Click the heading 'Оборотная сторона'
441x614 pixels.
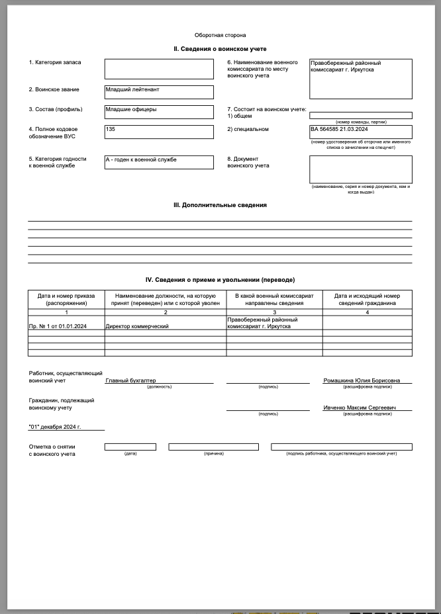220,35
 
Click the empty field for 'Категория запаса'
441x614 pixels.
159,69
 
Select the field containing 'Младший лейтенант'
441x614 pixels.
159,92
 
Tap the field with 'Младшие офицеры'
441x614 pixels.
159,112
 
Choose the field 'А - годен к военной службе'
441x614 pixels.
159,161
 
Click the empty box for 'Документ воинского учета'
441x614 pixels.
360,169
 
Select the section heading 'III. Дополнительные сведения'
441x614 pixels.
220,205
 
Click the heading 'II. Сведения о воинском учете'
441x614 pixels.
220,49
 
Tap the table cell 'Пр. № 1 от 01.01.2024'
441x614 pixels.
59,326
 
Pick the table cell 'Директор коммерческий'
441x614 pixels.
138,326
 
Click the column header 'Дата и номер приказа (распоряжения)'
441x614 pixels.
66,299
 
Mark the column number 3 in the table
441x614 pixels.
274,312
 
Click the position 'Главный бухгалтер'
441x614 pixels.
131,380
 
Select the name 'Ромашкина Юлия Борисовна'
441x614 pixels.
362,380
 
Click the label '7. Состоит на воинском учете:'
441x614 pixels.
266,109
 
